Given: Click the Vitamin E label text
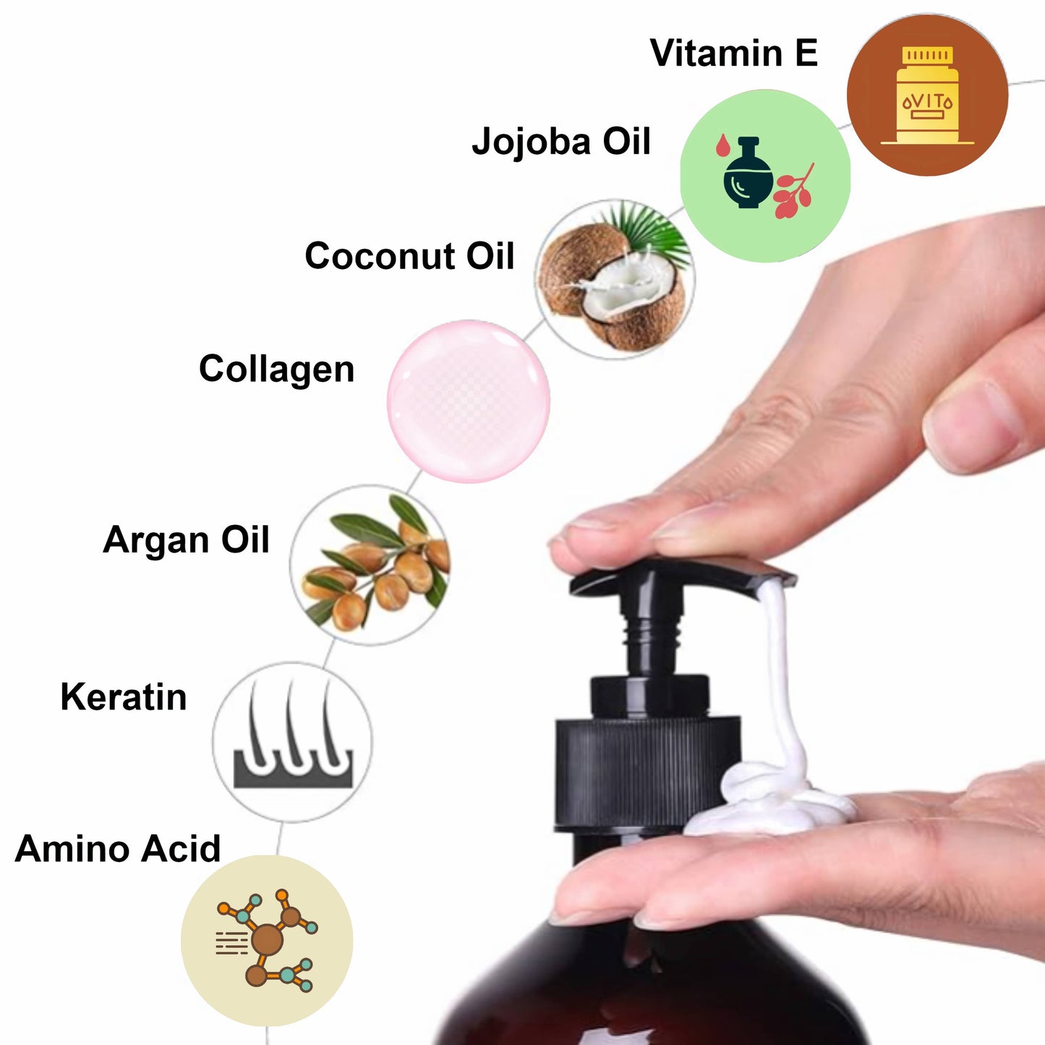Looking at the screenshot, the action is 734,53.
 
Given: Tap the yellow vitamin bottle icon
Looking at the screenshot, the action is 927,95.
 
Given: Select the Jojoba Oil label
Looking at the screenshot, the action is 561,142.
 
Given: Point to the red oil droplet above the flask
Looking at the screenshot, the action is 722,145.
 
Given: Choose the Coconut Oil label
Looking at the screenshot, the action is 409,256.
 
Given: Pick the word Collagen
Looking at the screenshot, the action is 276,370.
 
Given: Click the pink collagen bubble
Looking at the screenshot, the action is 469,401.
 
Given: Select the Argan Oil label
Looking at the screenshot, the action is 186,539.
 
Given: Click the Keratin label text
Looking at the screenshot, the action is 124,697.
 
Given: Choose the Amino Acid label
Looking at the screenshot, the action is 118,849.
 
